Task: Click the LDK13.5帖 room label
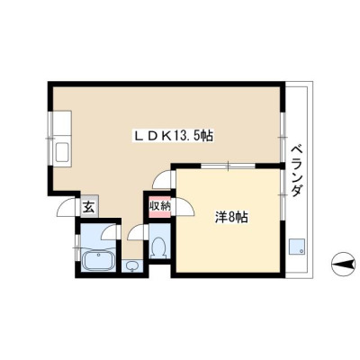173,137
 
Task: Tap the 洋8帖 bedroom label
231,217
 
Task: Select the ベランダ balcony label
297,170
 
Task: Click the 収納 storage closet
160,207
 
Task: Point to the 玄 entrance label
89,207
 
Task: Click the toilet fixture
158,247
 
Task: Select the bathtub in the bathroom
98,260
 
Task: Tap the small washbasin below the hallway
131,265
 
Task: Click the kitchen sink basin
63,152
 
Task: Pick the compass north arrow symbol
343,265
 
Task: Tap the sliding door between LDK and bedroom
228,166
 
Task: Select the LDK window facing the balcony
282,137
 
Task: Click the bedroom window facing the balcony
282,195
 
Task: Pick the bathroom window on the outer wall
77,247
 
